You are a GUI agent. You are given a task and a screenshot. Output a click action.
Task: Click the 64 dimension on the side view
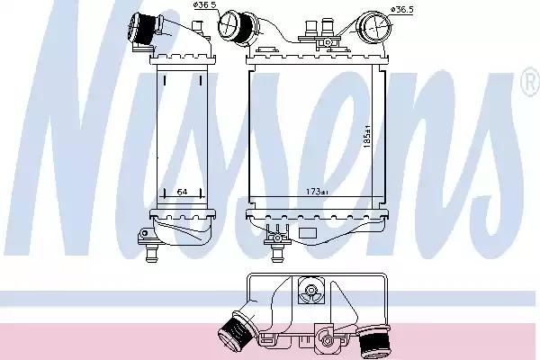click(182, 192)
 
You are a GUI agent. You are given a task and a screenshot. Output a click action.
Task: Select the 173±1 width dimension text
click(317, 192)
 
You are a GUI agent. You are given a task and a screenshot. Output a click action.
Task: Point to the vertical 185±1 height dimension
click(367, 137)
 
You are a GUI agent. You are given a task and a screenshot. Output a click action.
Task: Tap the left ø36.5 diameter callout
click(206, 5)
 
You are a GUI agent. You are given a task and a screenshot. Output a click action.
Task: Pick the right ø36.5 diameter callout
click(401, 10)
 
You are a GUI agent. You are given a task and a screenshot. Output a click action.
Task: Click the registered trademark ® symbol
click(531, 82)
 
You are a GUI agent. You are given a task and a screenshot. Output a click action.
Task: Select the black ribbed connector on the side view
click(142, 28)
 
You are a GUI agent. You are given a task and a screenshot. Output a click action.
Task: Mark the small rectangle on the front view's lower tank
click(308, 233)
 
